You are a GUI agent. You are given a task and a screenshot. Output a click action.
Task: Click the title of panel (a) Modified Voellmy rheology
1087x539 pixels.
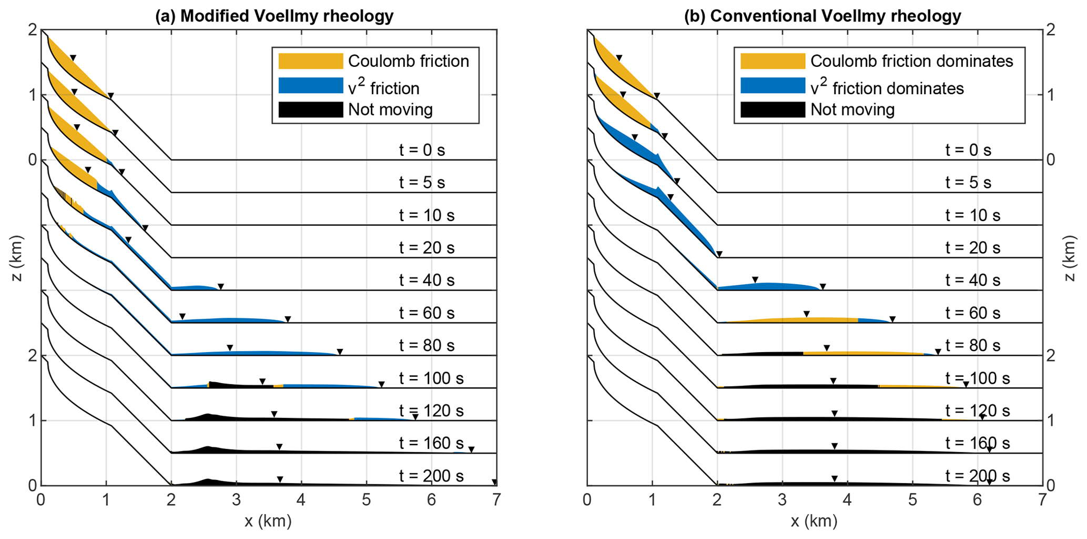point(274,16)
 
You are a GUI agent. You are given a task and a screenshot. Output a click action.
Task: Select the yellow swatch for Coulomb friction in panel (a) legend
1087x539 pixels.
point(310,61)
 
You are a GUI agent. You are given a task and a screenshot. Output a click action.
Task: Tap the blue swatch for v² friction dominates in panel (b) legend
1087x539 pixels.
point(772,86)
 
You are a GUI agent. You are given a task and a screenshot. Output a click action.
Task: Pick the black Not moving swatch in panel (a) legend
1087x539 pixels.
point(310,109)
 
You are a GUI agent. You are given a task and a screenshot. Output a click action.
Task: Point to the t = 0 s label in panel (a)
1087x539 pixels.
point(422,150)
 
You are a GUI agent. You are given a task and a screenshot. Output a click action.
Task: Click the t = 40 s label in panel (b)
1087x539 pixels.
point(972,280)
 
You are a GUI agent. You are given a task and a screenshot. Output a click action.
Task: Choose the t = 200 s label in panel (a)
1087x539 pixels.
point(431,476)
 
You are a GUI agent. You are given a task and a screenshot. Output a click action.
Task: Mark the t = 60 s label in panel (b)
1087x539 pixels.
point(972,313)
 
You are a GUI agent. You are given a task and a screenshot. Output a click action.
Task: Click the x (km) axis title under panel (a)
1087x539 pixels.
point(268,521)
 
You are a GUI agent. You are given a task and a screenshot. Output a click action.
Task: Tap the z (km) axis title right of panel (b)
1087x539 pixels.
point(1070,258)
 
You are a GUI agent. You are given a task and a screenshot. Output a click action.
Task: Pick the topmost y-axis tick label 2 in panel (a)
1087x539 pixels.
point(32,30)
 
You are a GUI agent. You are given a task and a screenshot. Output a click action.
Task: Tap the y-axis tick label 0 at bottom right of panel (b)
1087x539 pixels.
point(1051,485)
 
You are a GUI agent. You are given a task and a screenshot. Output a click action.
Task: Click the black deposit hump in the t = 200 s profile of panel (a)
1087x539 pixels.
point(208,482)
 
